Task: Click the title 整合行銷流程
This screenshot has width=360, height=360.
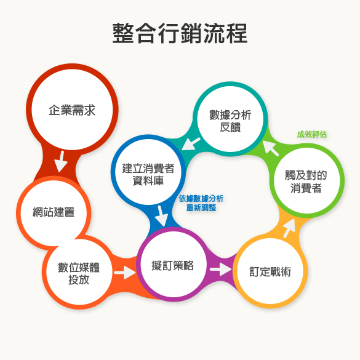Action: point(180,33)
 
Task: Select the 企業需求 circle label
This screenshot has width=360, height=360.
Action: point(72,110)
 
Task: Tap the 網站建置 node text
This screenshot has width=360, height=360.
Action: point(54,212)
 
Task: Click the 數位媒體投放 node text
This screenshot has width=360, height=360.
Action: point(79,273)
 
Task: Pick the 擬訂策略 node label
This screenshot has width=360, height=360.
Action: point(173,265)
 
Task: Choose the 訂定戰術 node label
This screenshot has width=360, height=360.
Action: point(270,272)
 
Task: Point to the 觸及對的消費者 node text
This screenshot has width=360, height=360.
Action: point(306,182)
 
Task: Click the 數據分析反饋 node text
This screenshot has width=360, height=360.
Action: point(230,121)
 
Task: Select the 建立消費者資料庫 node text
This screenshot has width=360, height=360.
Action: point(148,175)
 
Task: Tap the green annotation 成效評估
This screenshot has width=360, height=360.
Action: point(312,134)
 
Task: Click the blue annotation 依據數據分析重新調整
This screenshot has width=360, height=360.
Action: point(201,203)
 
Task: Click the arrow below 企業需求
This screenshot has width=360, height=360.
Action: point(61,161)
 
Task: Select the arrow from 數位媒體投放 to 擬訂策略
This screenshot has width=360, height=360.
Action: point(125,273)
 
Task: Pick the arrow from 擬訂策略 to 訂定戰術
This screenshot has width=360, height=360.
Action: point(221,269)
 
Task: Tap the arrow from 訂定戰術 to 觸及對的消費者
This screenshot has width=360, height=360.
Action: point(289,228)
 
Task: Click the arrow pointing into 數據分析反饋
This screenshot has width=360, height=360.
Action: point(270,148)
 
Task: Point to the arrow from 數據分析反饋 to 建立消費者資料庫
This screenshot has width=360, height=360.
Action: point(191,144)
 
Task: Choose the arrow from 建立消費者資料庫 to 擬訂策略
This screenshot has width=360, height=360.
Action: point(162,216)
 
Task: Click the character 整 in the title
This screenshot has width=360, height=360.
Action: point(123,33)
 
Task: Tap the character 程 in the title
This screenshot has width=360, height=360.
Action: point(237,33)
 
